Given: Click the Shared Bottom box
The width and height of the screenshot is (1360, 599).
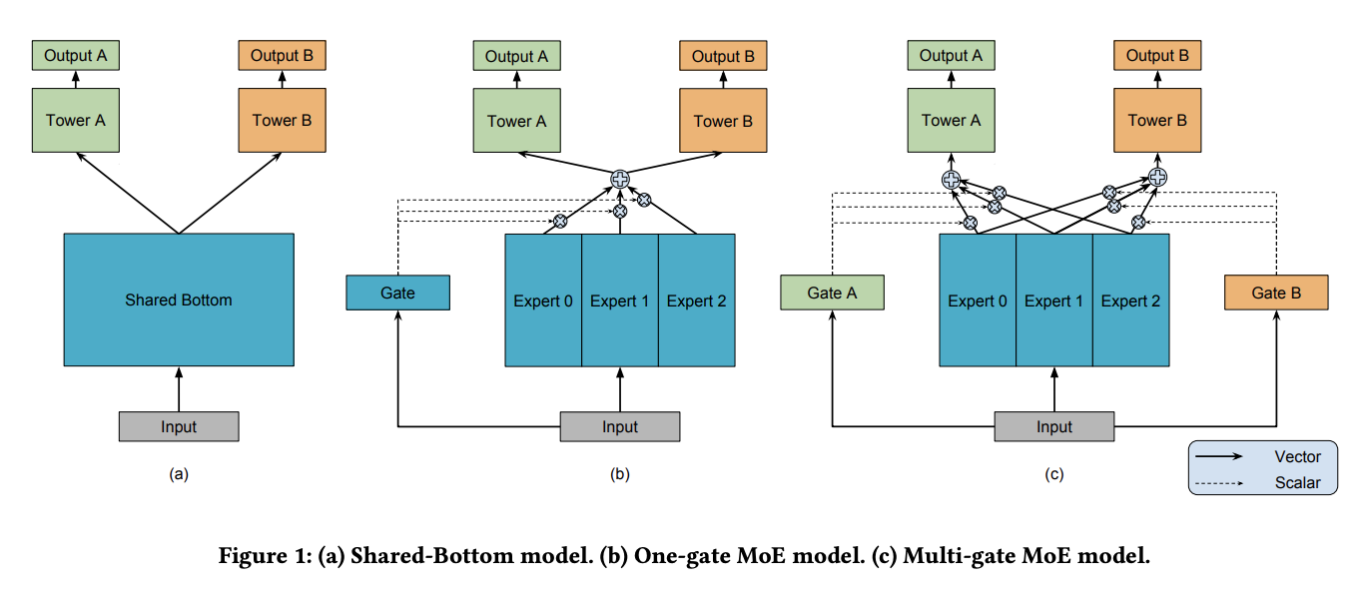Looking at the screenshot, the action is click(x=179, y=299).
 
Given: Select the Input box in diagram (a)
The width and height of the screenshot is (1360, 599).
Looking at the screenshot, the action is click(x=179, y=426).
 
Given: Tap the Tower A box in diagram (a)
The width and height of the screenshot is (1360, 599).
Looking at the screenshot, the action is click(x=75, y=120).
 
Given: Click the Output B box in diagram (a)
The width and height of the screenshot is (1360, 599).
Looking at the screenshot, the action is click(x=282, y=55).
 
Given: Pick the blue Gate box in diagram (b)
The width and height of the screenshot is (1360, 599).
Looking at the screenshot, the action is click(x=397, y=293).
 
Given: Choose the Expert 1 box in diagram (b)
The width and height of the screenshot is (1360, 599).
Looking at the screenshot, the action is click(x=620, y=300).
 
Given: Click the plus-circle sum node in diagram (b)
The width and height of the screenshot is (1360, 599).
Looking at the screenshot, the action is click(x=620, y=179).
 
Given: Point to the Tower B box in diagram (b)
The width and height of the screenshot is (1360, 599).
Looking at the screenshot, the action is click(x=723, y=120).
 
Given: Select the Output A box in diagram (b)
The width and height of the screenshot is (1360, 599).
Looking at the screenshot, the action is click(x=516, y=56).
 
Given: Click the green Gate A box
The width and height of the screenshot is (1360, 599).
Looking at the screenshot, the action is click(x=832, y=293).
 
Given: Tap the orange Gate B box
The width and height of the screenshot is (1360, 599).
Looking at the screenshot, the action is click(x=1276, y=293).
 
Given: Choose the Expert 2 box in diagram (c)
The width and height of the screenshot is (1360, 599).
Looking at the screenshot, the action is click(x=1131, y=300).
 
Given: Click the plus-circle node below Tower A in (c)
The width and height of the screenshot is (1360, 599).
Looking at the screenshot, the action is click(x=952, y=180).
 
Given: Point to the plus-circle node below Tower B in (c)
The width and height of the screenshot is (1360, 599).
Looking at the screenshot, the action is click(x=1158, y=178).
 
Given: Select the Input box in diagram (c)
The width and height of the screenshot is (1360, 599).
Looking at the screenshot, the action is click(x=1054, y=426).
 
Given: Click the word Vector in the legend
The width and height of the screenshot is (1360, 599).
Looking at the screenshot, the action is click(x=1297, y=456).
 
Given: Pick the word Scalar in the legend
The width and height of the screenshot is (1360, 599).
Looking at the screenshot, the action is click(x=1297, y=482).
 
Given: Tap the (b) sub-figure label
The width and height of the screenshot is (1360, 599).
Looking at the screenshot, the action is click(x=620, y=474).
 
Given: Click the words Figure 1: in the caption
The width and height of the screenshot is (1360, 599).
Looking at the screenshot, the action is click(x=266, y=555).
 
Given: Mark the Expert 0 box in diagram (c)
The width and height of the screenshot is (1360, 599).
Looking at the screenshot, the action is click(x=978, y=300).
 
